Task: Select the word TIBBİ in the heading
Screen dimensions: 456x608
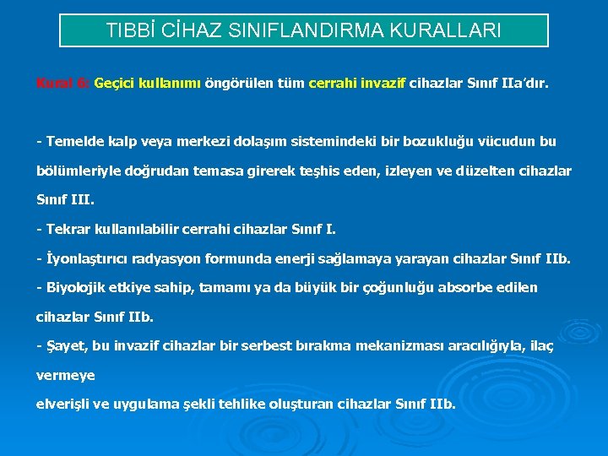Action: [129, 30]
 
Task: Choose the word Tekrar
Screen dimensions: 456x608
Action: [70, 229]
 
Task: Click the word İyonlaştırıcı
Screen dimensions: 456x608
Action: [87, 258]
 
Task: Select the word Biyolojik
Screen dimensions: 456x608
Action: [78, 287]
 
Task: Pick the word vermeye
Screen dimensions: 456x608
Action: [66, 374]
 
